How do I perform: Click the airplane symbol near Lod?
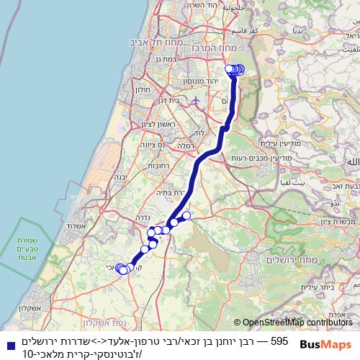[194, 100]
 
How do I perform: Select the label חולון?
[143, 90]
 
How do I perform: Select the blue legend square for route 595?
[6, 341]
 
